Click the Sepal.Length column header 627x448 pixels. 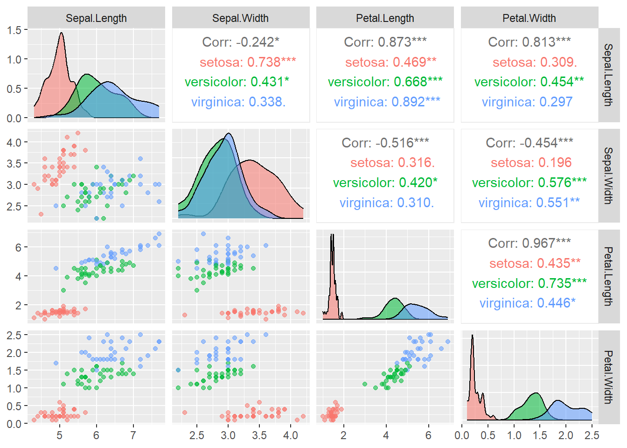(96, 18)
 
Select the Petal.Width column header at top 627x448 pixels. (529, 18)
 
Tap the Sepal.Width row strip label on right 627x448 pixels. (608, 175)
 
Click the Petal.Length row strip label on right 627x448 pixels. (608, 276)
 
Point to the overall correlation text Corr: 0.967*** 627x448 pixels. (529, 243)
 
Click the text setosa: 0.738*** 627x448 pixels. (248, 62)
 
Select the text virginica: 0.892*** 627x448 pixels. (387, 102)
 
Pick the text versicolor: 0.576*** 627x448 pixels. (529, 182)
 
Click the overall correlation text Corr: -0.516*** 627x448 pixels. (385, 142)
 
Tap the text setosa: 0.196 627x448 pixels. (531, 162)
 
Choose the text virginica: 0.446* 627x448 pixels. (528, 303)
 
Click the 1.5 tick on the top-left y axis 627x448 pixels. (14, 30)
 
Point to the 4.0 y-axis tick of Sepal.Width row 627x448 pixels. (14, 142)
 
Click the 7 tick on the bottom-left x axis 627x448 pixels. (133, 435)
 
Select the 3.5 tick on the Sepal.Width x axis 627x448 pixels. (259, 435)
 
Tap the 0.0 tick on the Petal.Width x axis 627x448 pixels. (462, 435)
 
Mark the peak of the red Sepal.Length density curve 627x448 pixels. (61, 33)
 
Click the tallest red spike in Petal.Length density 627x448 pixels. (332, 235)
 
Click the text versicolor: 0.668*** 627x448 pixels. (385, 82)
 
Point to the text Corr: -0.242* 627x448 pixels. (241, 42)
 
